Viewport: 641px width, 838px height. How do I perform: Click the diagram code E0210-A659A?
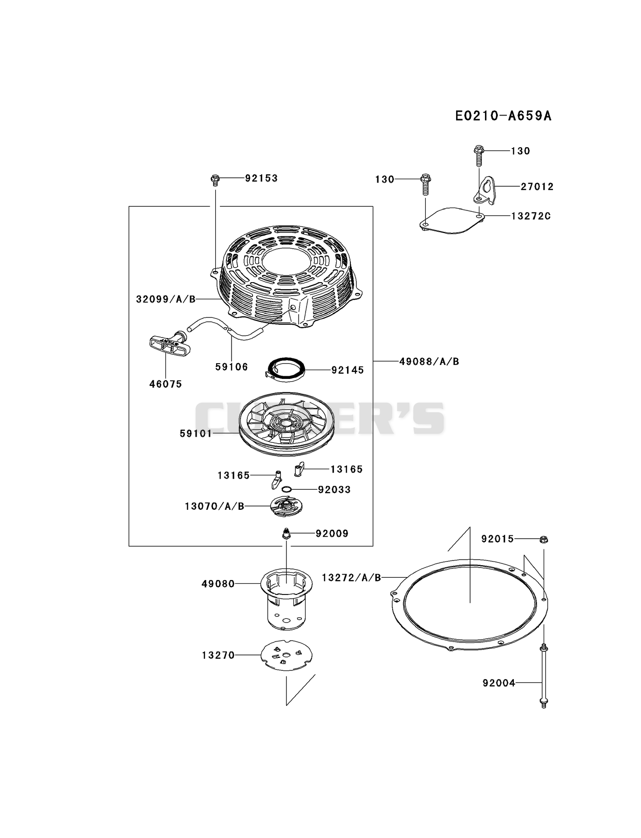(503, 115)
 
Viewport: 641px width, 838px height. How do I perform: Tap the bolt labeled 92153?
(215, 180)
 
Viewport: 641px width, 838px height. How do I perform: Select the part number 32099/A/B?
(166, 299)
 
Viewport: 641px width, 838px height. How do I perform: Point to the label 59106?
(232, 367)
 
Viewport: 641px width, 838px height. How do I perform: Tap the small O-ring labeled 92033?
(287, 489)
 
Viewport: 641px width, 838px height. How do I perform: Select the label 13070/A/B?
(215, 506)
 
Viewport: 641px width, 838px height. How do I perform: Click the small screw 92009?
(286, 534)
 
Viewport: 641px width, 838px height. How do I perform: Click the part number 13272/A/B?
(352, 578)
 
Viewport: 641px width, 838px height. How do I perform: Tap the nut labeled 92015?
(544, 539)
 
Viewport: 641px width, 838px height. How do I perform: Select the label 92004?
(499, 683)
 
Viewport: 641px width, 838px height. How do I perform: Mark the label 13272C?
(531, 216)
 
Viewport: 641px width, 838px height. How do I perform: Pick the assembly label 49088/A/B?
(429, 361)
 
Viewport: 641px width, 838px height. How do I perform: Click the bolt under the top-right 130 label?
(479, 155)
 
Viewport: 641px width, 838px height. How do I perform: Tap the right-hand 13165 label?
(347, 469)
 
